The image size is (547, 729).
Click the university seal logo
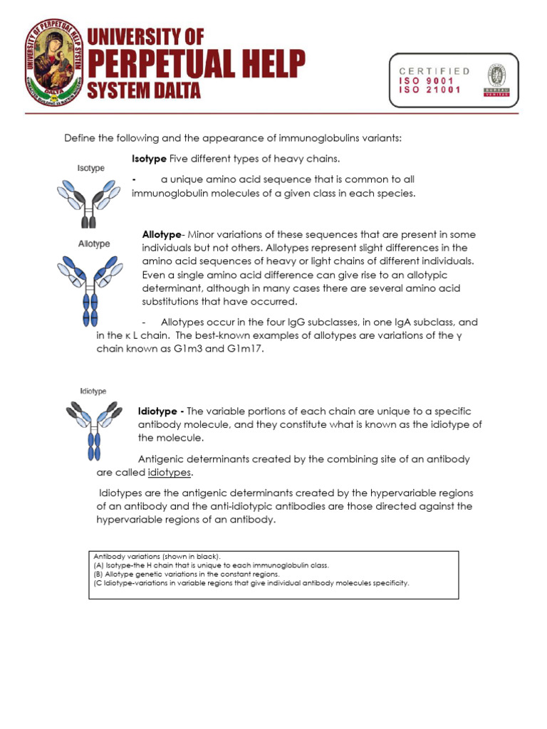[53, 61]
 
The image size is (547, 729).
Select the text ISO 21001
[430, 90]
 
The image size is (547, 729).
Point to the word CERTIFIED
[434, 71]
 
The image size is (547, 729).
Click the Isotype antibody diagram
[88, 201]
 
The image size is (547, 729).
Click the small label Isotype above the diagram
[90, 168]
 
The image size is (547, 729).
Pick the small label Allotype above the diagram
[93, 243]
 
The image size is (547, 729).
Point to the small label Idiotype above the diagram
[93, 392]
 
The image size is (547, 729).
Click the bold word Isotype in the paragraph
[149, 157]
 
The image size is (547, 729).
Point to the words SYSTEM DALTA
[145, 91]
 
